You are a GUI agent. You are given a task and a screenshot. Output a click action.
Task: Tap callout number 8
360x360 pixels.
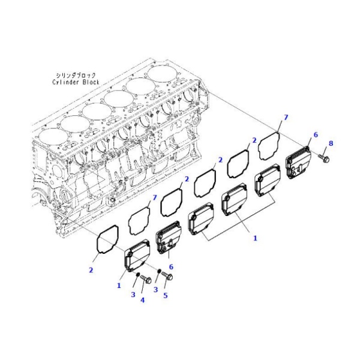331,144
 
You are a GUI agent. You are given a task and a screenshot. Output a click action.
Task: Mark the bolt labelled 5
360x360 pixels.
168,277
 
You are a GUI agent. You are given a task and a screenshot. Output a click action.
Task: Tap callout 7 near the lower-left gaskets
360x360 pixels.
154,197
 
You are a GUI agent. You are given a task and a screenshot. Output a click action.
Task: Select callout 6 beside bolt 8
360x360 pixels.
314,135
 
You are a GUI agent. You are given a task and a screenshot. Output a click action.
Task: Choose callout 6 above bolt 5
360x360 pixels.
171,266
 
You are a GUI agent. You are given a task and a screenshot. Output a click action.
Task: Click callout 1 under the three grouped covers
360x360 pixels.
254,238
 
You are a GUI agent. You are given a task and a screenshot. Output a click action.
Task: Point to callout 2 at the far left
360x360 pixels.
91,270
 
